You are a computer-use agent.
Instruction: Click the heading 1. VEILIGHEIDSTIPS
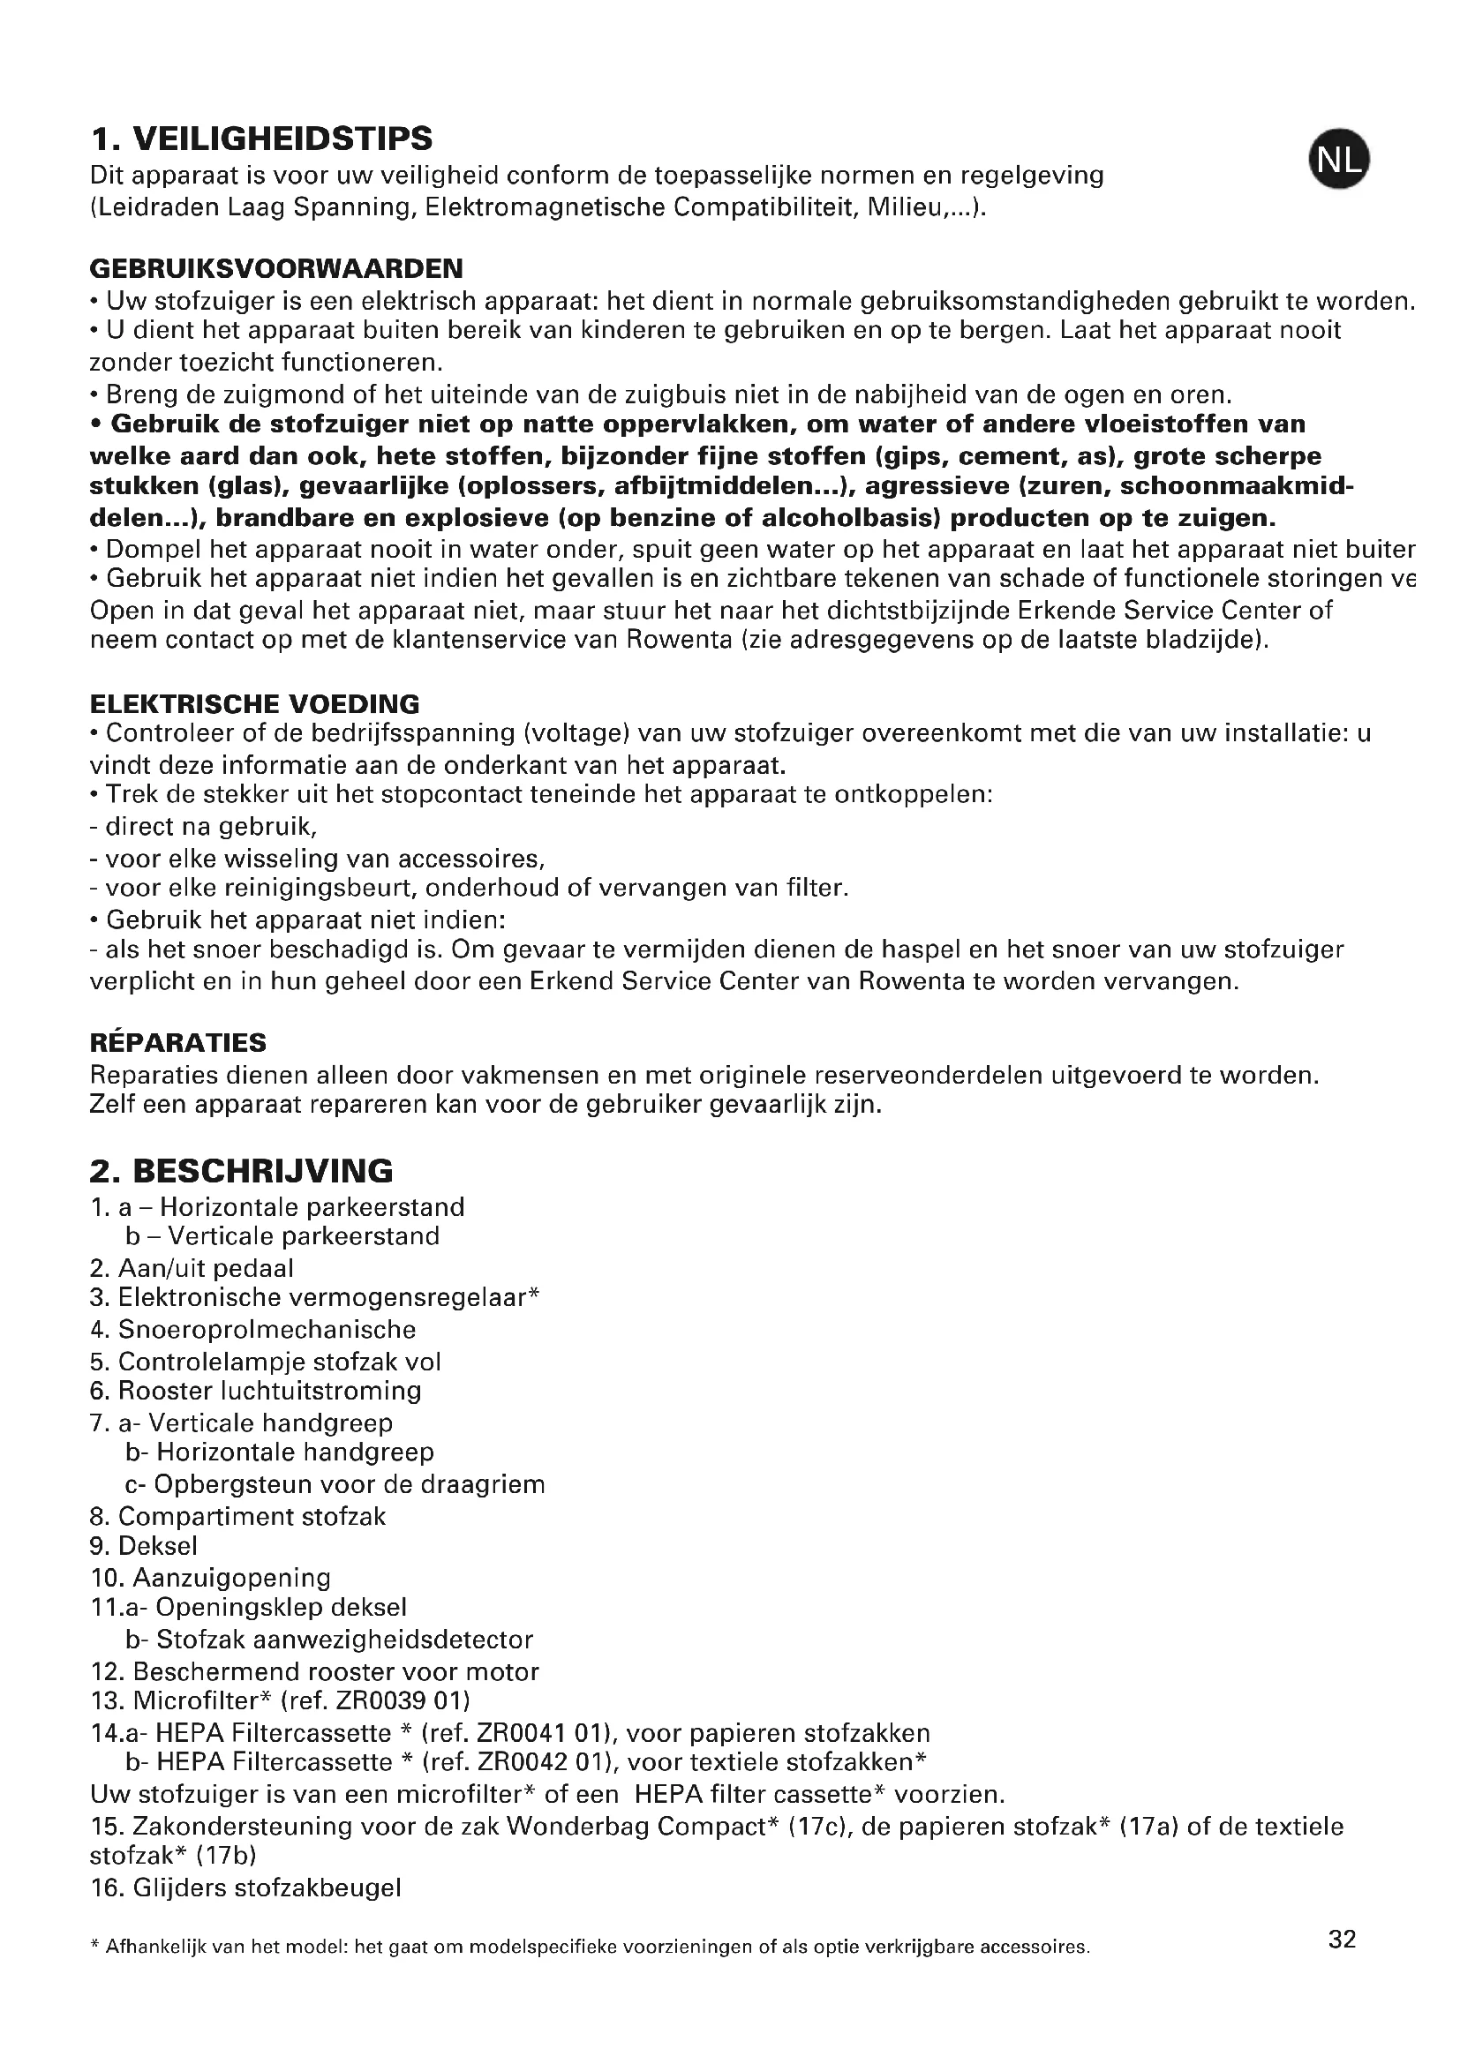tap(261, 139)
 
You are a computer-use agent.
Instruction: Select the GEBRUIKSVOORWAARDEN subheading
tap(276, 268)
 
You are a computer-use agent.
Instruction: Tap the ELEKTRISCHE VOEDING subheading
tap(254, 703)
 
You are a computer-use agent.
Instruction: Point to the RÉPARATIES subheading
tap(178, 1042)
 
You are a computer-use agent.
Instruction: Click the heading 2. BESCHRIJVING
tap(241, 1170)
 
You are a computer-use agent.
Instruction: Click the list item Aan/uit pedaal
tap(206, 1267)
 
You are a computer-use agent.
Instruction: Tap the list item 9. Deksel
tap(144, 1545)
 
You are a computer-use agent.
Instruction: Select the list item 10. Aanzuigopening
tap(210, 1578)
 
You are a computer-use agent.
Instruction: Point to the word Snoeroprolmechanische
tap(267, 1329)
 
